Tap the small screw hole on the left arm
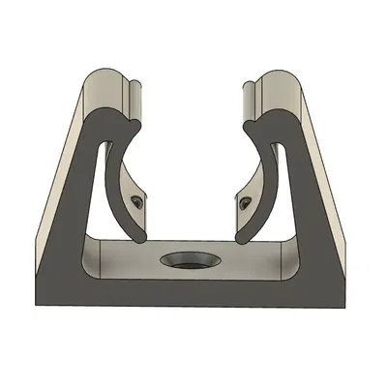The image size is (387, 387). click(x=137, y=202)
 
